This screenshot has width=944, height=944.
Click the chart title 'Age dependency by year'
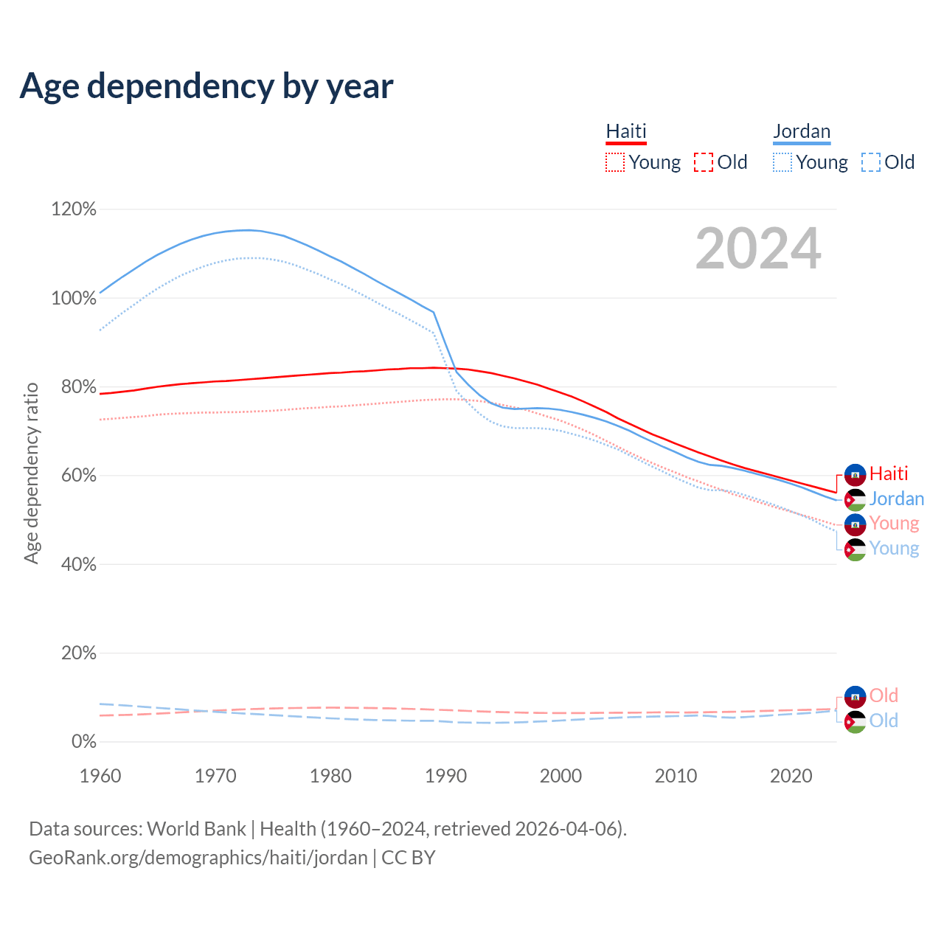point(206,86)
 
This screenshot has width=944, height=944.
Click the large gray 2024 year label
point(758,249)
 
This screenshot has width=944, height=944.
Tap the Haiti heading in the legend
point(626,131)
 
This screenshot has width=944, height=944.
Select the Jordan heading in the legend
point(802,131)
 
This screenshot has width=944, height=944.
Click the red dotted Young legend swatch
point(614,162)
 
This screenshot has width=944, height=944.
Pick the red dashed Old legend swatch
point(704,162)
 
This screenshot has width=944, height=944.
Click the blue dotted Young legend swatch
point(782,162)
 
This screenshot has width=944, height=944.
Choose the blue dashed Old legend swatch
point(871,162)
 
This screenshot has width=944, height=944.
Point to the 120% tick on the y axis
point(74,209)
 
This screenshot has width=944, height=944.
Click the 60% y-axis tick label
point(78,476)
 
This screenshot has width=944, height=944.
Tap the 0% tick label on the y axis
point(83,742)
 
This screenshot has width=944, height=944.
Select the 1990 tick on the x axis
point(446,776)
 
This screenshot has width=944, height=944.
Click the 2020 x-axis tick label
point(791,776)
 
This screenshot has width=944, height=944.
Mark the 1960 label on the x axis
point(100,776)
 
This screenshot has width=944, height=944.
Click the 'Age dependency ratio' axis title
point(31,473)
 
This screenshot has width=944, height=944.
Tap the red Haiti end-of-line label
point(889,473)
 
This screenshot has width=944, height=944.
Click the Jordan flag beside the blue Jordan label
point(855,499)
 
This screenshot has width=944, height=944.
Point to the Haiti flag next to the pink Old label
point(855,695)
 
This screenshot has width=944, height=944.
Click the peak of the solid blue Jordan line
point(246,229)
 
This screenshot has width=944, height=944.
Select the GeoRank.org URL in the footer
point(198,858)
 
